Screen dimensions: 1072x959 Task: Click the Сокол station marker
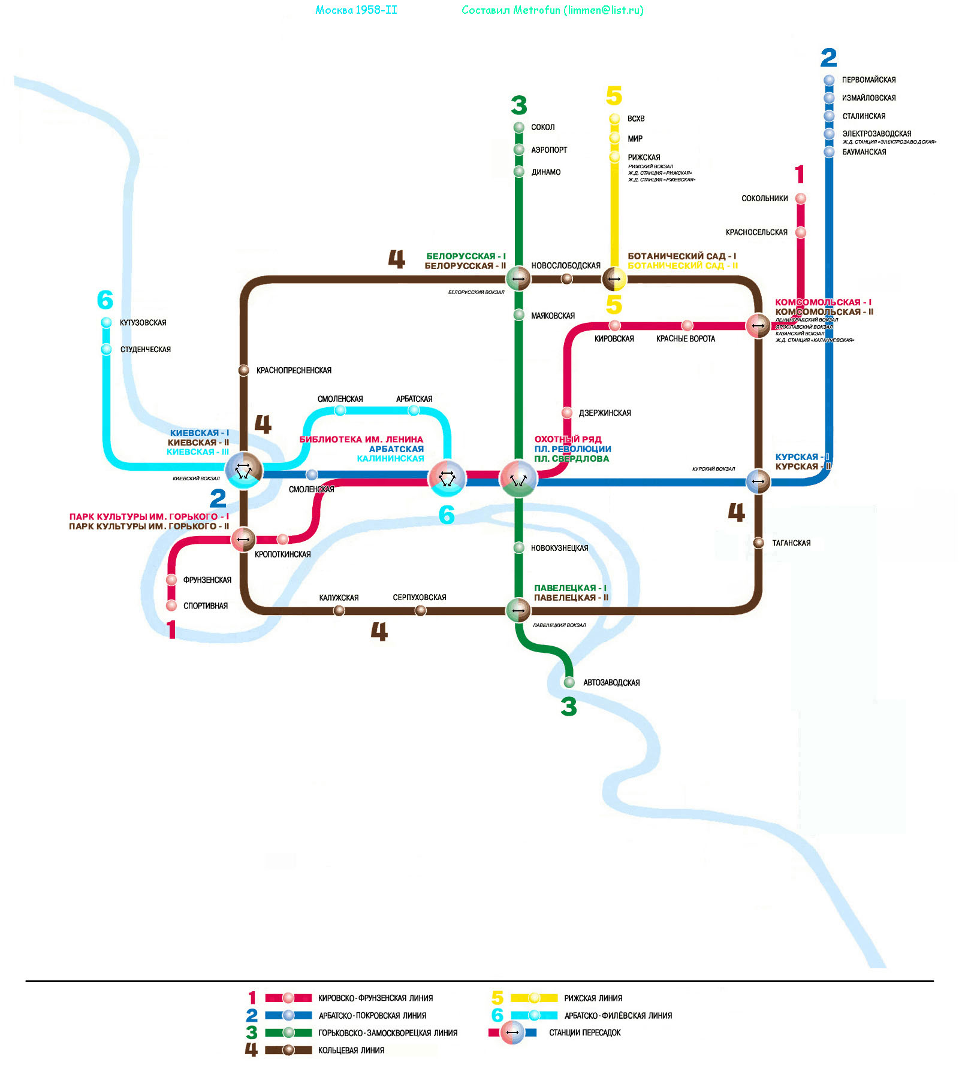coord(519,127)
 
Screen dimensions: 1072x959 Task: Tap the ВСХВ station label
coord(636,119)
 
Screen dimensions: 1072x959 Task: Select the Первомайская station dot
coord(829,80)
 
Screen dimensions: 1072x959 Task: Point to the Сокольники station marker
coord(801,198)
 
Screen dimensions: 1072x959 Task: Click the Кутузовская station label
coord(143,323)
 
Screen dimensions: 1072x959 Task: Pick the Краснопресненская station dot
coord(244,370)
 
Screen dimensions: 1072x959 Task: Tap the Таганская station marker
coord(759,543)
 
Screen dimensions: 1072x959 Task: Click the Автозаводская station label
coord(611,683)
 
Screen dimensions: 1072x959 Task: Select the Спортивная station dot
coord(171,605)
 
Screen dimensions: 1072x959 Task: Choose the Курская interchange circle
coord(758,481)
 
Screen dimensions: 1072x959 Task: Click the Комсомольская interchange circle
coord(758,326)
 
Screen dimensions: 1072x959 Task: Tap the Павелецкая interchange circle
coord(518,611)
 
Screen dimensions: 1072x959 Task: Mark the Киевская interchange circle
coord(244,470)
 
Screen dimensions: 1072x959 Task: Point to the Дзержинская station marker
coord(567,413)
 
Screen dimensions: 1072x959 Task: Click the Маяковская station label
coord(553,316)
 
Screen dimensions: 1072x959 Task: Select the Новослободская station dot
coord(566,278)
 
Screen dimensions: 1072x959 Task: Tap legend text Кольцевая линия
coord(351,1050)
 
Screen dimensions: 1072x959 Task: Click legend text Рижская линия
coord(593,998)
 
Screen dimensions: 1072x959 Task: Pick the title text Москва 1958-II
coord(356,10)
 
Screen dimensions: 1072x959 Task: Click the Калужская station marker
coord(339,610)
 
